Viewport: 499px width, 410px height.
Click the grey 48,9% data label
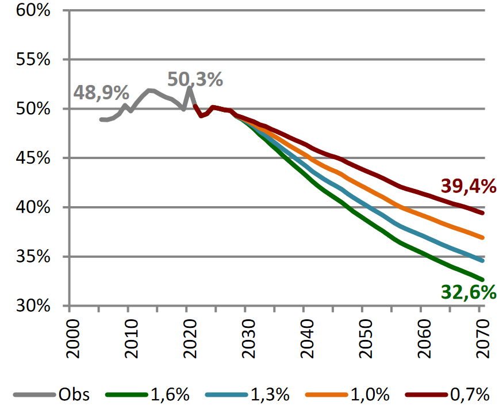(x=101, y=92)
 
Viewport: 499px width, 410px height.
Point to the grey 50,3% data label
(x=195, y=80)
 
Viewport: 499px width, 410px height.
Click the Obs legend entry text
(x=74, y=395)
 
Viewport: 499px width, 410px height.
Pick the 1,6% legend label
(x=170, y=395)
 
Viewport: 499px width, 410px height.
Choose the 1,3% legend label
(x=270, y=395)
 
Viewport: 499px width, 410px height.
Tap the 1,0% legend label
(x=370, y=395)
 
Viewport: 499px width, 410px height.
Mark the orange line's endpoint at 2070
(x=482, y=237)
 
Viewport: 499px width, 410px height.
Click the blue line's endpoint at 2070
(x=482, y=261)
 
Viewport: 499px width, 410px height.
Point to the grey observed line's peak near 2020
(x=189, y=88)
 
